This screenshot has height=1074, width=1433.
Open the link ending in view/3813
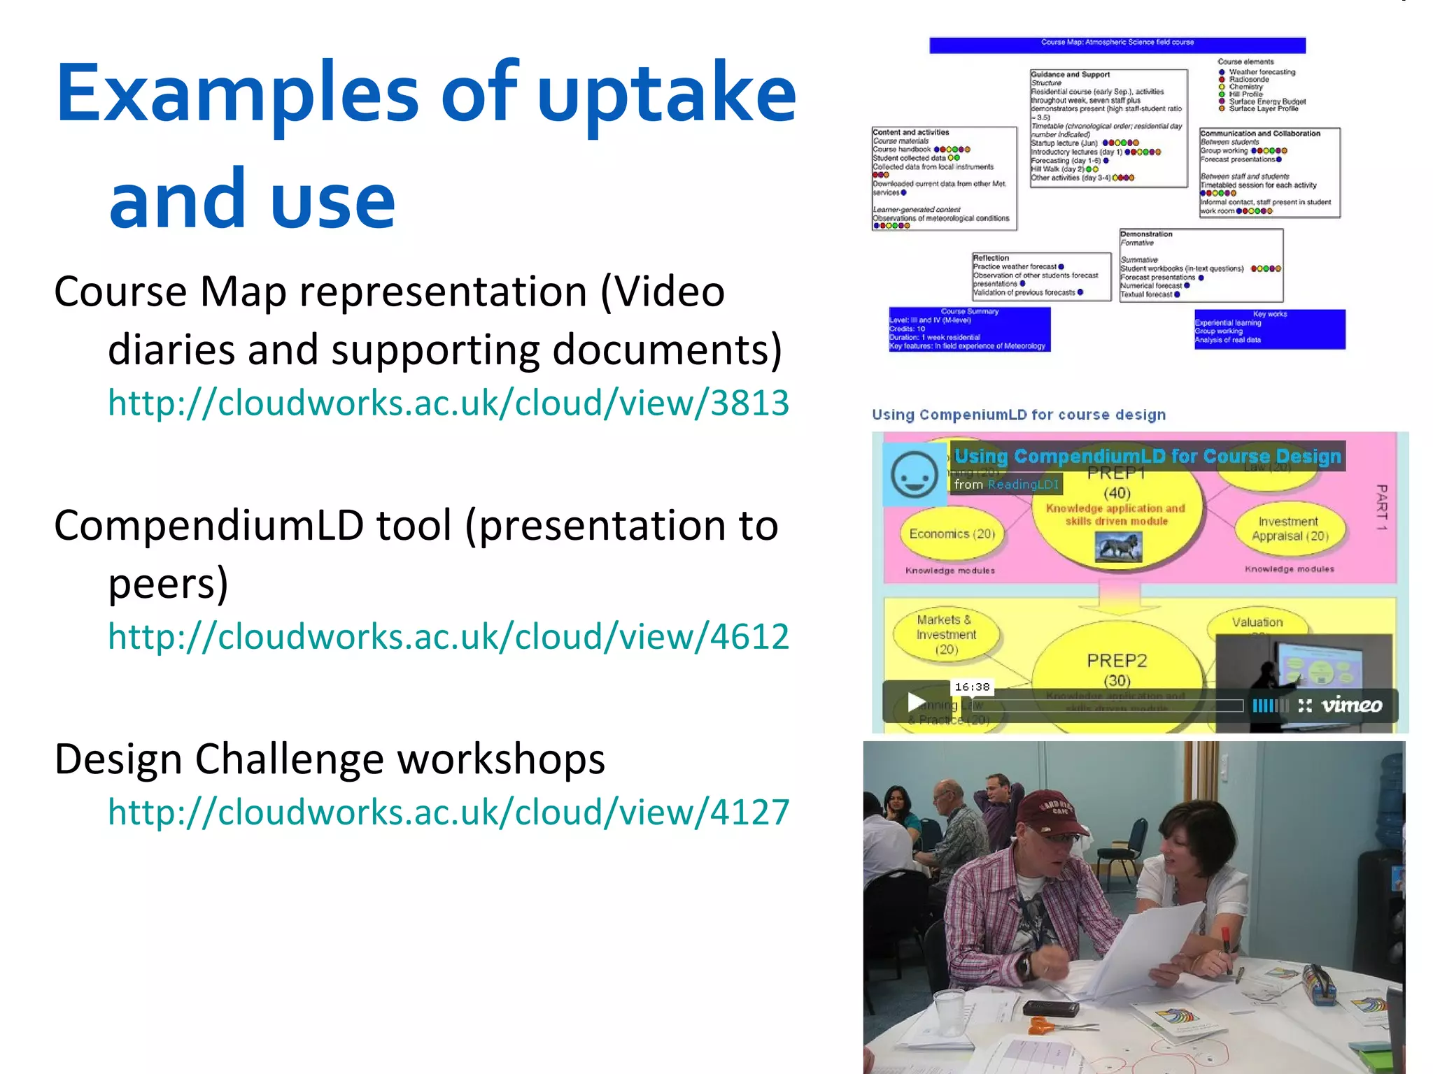(448, 403)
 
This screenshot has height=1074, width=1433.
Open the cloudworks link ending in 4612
(448, 636)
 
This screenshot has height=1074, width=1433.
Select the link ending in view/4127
(448, 812)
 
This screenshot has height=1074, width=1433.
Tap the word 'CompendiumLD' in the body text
(209, 526)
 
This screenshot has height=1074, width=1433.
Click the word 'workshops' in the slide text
(504, 759)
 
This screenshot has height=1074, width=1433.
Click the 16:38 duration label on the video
(972, 687)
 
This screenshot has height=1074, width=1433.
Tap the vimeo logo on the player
(1351, 705)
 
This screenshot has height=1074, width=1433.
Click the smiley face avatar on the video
(914, 474)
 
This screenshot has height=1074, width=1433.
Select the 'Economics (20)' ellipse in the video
(952, 534)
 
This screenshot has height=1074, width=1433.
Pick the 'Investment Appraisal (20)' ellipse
(1290, 529)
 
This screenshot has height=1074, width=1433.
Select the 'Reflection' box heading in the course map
(991, 258)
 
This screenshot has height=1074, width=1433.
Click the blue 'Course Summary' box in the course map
(969, 329)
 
